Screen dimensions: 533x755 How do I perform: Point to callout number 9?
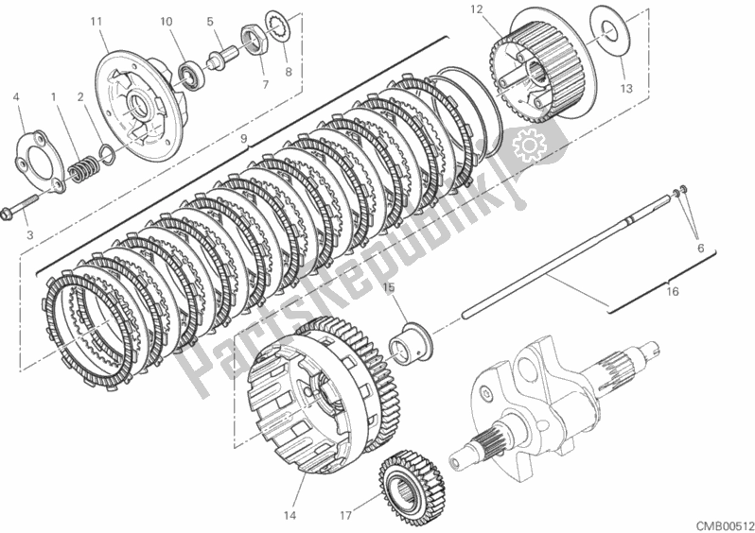click(244, 139)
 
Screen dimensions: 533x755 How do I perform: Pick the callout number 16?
click(673, 294)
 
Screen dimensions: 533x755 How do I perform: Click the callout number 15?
click(388, 286)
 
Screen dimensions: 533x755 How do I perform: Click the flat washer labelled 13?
click(601, 27)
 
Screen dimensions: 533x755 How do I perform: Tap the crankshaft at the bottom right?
click(530, 397)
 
